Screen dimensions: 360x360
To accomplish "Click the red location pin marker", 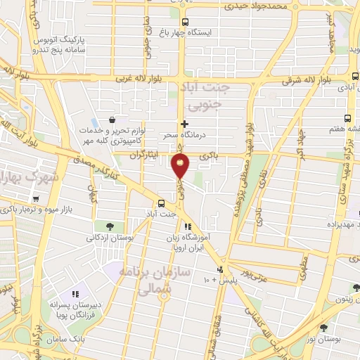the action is point(180,166).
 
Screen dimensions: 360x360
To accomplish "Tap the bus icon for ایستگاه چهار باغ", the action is point(186,22).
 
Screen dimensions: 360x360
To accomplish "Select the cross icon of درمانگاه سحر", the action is point(184,124).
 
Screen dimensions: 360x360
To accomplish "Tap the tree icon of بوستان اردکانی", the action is point(110,226).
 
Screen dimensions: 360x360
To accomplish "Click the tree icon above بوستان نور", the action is point(324,328).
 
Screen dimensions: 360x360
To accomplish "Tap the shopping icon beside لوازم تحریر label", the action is point(112,120).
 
